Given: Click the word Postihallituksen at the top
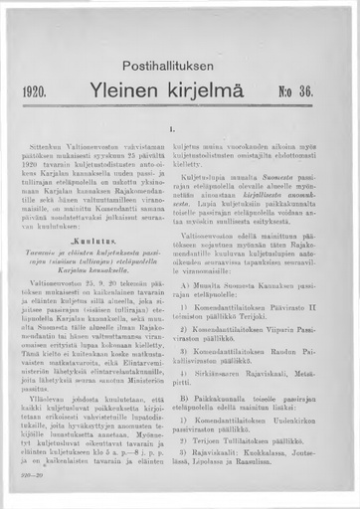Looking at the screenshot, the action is tap(180, 62).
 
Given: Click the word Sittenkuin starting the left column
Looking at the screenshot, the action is tap(50, 146).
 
